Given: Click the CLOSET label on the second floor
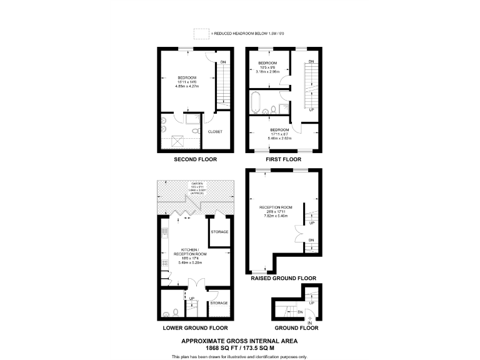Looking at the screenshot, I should click(214, 132).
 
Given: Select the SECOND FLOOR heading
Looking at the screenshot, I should click(196, 159).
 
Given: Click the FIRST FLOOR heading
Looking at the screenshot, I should click(284, 159).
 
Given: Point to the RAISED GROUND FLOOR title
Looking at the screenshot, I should click(283, 278).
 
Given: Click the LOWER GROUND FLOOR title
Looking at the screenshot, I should click(195, 327).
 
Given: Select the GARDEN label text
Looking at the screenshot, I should click(197, 183).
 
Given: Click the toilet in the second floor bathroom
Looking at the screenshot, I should click(195, 131).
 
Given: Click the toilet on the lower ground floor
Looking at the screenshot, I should click(176, 312).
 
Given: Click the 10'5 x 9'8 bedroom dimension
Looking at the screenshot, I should click(267, 67).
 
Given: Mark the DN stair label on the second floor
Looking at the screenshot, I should click(223, 62).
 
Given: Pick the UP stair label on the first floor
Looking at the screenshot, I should click(311, 109).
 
